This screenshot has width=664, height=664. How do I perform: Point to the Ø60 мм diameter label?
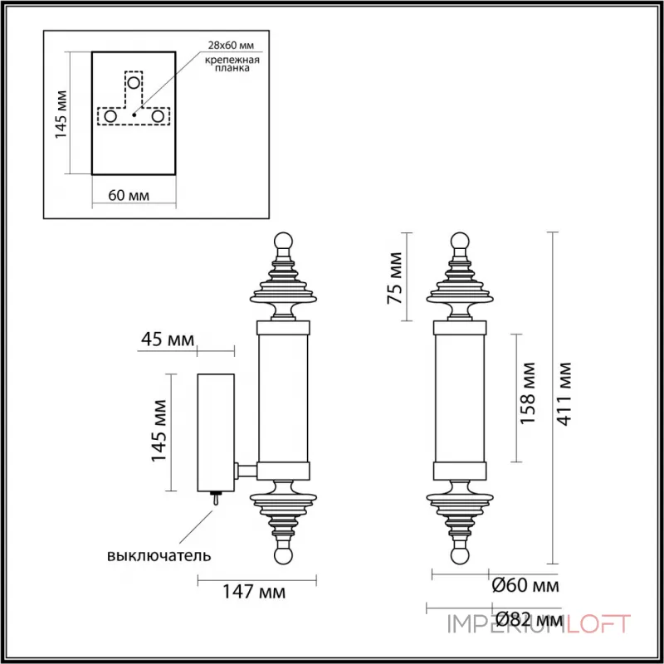pyautogui.click(x=525, y=585)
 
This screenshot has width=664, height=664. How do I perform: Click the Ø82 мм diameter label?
pyautogui.click(x=527, y=619)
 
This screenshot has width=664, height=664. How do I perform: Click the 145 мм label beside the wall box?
pyautogui.click(x=159, y=432)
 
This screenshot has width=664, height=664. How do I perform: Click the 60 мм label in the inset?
pyautogui.click(x=129, y=196)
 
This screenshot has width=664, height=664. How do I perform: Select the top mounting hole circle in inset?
pyautogui.click(x=133, y=83)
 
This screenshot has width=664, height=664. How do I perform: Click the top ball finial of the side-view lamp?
pyautogui.click(x=284, y=241)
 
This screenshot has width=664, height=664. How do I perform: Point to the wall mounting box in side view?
pyautogui.click(x=216, y=432)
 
